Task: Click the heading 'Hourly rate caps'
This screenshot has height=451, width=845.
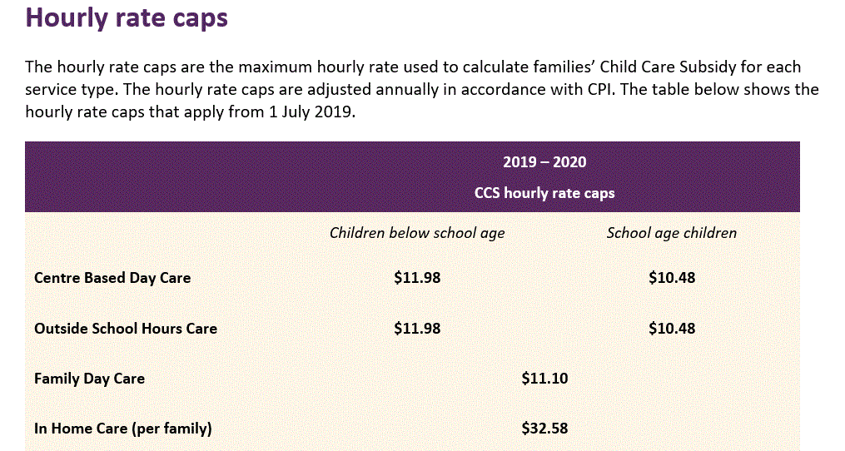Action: point(127,18)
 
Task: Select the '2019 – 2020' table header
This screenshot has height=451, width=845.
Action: point(544,162)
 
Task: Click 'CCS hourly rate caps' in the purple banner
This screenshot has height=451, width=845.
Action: point(544,193)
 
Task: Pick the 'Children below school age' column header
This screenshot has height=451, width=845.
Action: point(417,233)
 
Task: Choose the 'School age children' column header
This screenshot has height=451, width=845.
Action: point(671,233)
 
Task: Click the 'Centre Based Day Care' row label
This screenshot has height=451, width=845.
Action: point(112,278)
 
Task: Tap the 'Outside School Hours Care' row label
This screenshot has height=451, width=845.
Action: point(126,329)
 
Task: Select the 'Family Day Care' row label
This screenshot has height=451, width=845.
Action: point(89,379)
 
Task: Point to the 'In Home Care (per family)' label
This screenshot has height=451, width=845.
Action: point(123,429)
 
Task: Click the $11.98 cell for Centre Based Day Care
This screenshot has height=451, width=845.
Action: point(417,278)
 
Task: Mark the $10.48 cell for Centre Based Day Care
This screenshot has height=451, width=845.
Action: point(671,278)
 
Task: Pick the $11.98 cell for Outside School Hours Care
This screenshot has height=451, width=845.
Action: point(417,329)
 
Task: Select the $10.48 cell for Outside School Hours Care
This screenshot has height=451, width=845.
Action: point(671,329)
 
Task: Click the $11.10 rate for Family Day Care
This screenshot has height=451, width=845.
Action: point(544,379)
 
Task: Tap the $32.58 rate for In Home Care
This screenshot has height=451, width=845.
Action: point(544,429)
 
